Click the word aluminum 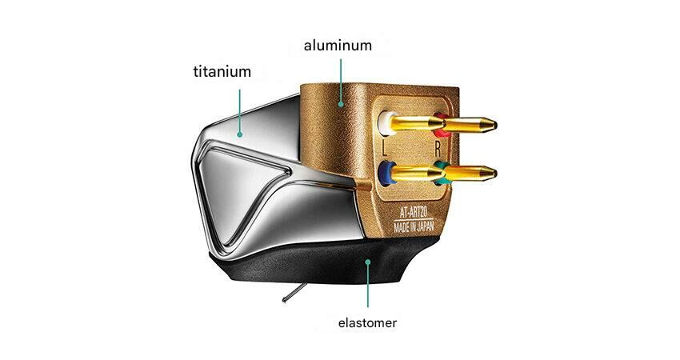[x=338, y=46]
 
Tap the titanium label [x=222, y=72]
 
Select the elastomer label [x=367, y=324]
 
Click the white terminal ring [x=386, y=122]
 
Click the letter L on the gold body [x=386, y=148]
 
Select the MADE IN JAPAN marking [x=420, y=227]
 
